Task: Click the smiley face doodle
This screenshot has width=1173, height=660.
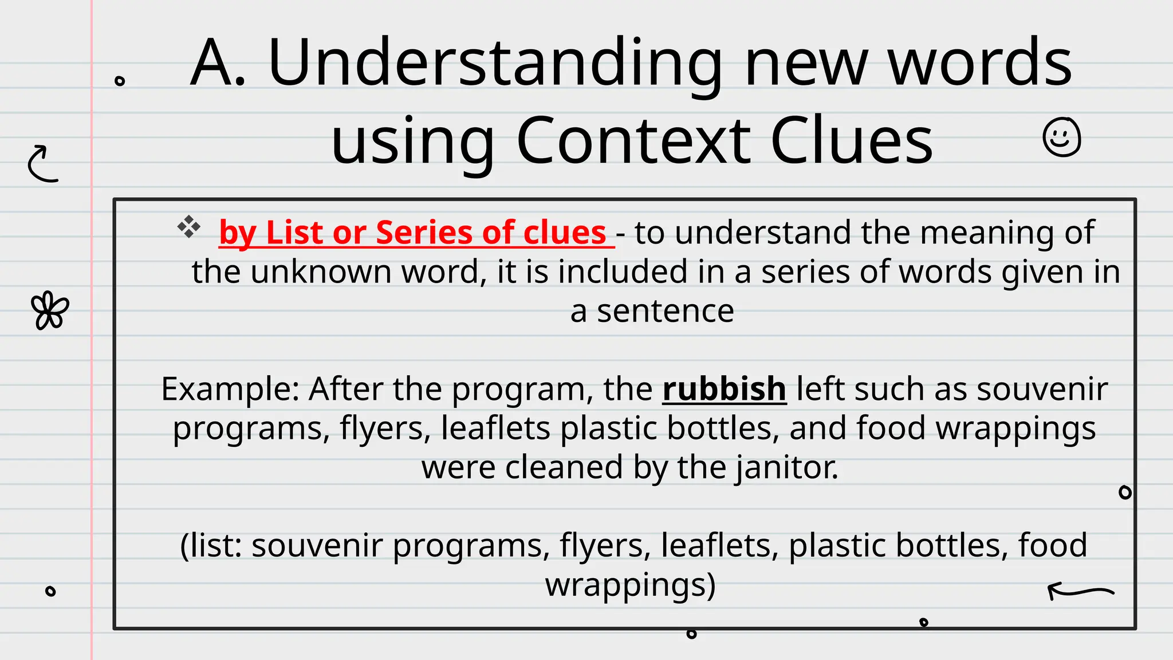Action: (1062, 137)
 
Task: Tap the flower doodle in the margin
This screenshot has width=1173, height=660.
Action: (50, 311)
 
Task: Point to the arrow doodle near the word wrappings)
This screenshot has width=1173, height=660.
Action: (1080, 591)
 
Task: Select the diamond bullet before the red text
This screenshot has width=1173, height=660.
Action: (188, 227)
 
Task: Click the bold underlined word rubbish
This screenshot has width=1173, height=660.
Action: (724, 389)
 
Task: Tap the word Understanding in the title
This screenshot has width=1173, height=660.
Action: (495, 62)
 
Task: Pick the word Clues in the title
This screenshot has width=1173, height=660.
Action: (852, 141)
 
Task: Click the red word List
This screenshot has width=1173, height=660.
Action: (294, 233)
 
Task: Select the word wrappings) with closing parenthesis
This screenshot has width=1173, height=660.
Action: (630, 585)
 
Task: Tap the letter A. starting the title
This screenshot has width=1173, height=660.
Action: (218, 62)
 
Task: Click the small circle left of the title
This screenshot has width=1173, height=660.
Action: (120, 81)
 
